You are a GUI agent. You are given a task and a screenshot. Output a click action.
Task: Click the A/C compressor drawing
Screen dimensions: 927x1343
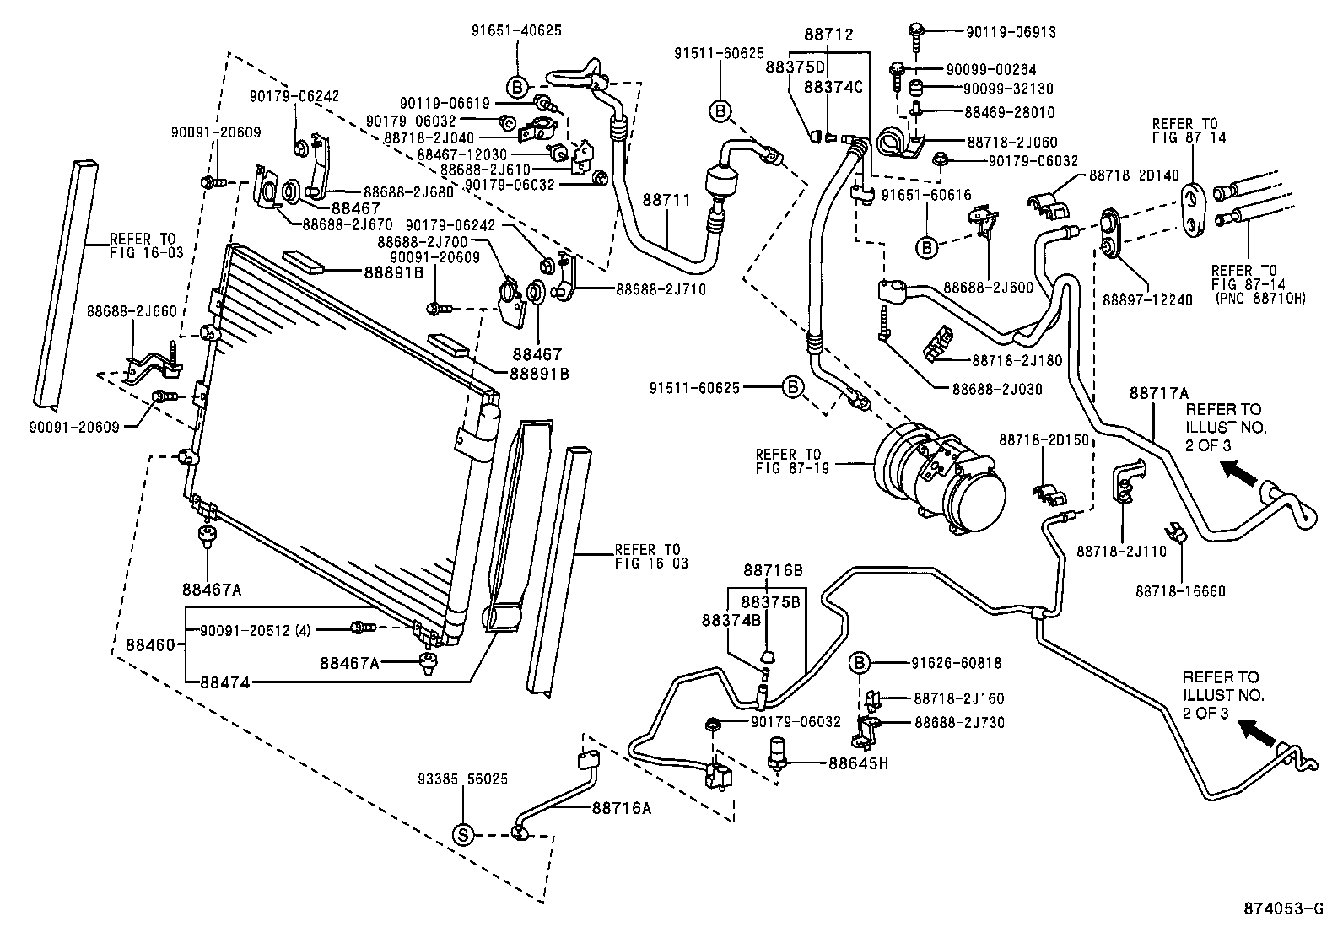[x=941, y=477]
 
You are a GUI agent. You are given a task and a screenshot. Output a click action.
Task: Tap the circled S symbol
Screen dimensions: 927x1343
[x=463, y=834]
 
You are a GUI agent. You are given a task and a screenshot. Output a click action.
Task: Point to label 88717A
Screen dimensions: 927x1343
[x=1159, y=392]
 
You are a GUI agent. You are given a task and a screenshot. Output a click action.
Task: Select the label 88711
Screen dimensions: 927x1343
[x=666, y=201]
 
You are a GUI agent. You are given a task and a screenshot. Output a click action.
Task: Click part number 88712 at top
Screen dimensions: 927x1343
[x=828, y=35]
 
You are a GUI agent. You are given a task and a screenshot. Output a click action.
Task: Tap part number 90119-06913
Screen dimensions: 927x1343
[x=1011, y=32]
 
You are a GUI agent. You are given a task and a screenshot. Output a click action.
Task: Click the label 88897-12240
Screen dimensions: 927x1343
[x=1147, y=299]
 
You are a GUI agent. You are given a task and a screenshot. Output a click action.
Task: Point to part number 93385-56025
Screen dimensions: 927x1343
[x=463, y=779]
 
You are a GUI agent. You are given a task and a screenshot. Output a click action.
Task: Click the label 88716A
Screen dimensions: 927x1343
[x=622, y=808]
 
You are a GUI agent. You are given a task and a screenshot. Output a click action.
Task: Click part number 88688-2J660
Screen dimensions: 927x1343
[x=132, y=310]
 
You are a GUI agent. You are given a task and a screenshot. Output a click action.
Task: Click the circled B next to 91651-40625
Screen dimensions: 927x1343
[x=518, y=86]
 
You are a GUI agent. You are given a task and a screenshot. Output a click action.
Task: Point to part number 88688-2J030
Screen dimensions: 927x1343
[x=997, y=389]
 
